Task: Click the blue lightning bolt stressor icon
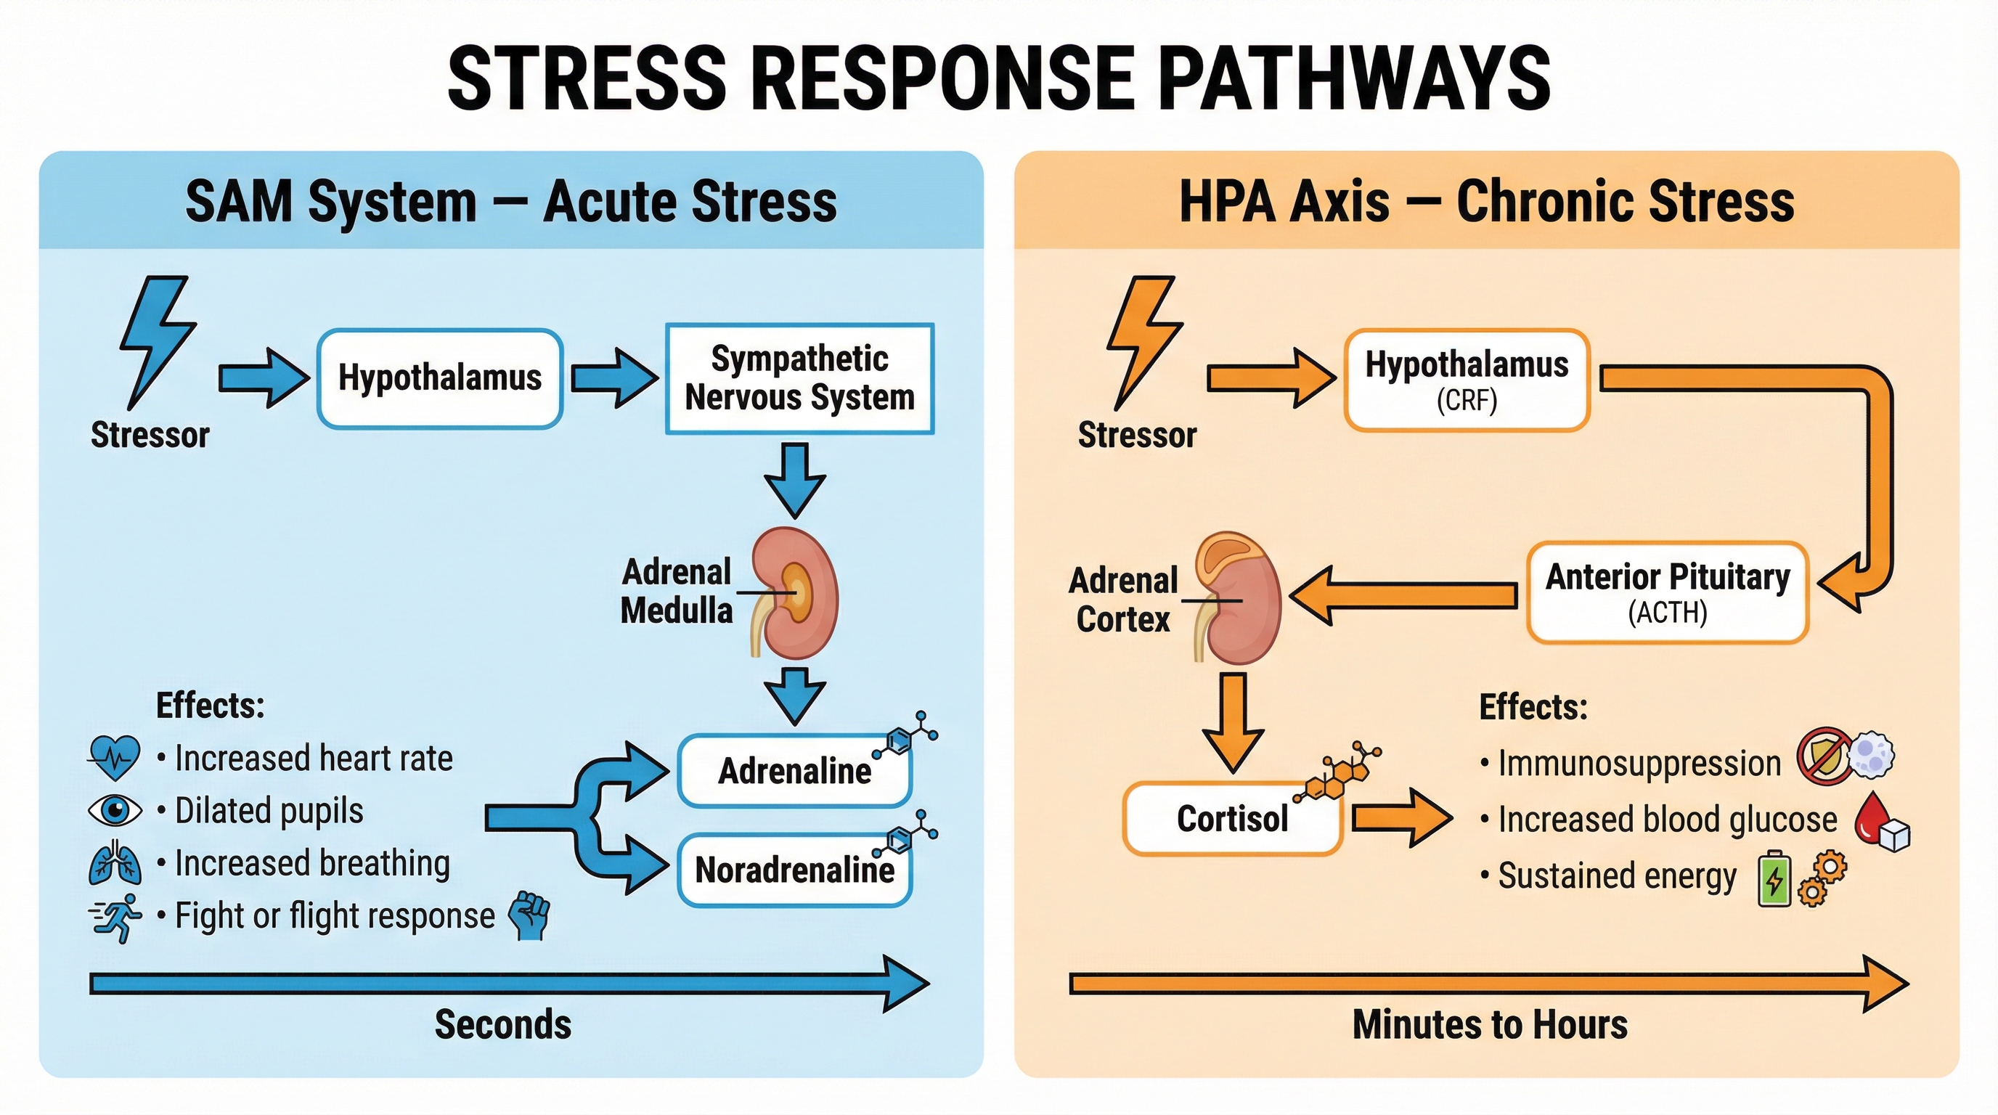tap(157, 341)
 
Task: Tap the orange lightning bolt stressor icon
tap(1143, 341)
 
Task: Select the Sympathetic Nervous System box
tap(799, 378)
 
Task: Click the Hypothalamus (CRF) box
tap(1467, 380)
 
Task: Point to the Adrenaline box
tap(794, 771)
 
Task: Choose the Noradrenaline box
tap(794, 870)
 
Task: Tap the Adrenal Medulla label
tap(677, 591)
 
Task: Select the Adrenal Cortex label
tap(1123, 600)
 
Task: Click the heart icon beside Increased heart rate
tap(115, 758)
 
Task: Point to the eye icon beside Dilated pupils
tap(115, 811)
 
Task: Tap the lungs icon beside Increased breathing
tap(115, 863)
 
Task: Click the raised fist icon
tap(530, 915)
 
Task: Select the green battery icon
tap(1774, 879)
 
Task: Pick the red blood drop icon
tap(1872, 817)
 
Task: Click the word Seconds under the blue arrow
tap(502, 1024)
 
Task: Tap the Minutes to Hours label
tap(1489, 1024)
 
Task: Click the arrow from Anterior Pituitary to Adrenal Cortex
tap(1404, 595)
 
